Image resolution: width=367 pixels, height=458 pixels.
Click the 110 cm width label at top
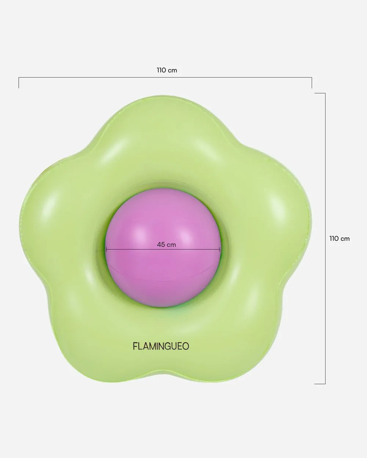(167, 70)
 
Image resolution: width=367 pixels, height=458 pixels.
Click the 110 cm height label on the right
(339, 239)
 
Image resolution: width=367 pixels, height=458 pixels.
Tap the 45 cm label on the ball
(166, 244)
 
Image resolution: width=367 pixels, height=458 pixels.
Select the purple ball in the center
(163, 248)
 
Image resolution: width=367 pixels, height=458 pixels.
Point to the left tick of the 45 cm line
(106, 250)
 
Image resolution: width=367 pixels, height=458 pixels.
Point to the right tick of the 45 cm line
(219, 250)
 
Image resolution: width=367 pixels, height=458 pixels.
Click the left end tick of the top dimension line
(19, 82)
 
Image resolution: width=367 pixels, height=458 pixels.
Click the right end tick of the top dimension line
(312, 82)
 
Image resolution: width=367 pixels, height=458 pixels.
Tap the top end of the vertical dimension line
(320, 93)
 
